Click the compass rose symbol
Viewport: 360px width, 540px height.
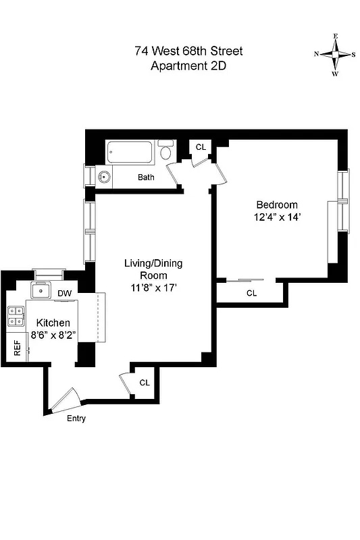click(335, 55)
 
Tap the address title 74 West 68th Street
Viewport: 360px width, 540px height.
click(188, 51)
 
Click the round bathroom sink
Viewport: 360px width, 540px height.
click(104, 178)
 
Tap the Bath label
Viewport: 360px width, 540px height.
click(146, 178)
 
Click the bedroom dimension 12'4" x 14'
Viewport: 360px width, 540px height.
click(276, 217)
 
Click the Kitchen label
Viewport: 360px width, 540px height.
click(53, 323)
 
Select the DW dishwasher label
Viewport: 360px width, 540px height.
click(65, 294)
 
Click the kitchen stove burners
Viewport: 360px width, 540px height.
click(15, 317)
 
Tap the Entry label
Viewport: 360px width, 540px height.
click(76, 418)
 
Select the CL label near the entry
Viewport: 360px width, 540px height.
click(144, 382)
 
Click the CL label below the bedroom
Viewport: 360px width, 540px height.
click(251, 293)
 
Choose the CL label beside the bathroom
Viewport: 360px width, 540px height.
click(201, 147)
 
